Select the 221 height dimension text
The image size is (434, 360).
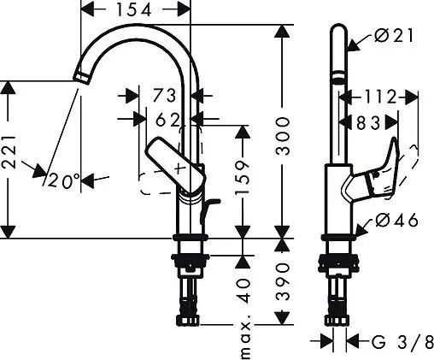click(9, 159)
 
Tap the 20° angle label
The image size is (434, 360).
click(64, 180)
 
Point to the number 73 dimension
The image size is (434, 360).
click(164, 95)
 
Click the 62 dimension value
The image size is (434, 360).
click(167, 120)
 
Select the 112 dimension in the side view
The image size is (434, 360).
click(379, 95)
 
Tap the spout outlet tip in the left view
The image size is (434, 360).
click(79, 79)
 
